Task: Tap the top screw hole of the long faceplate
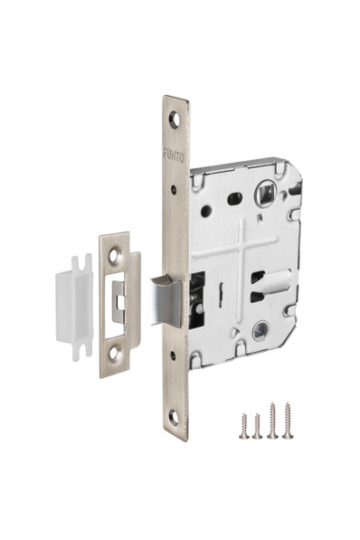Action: pos(175,120)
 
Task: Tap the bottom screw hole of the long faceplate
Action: pos(175,417)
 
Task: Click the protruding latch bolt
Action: pos(166,301)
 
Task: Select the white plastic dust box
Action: pos(74,308)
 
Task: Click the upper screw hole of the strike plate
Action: pos(114,255)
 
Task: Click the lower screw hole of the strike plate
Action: pos(114,353)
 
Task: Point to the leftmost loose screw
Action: pos(244,426)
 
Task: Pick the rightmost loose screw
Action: pos(288,421)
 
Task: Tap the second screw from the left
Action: pos(257,426)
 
